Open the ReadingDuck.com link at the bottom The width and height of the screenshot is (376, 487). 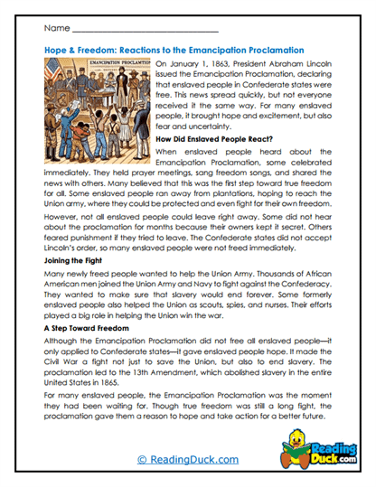(188, 461)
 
